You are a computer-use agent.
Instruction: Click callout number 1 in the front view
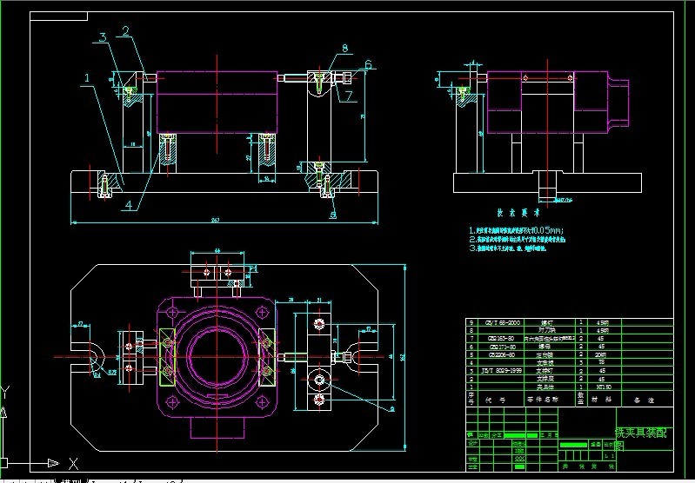(87, 78)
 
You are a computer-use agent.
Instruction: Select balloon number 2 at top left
(125, 31)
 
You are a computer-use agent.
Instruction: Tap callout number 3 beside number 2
(103, 36)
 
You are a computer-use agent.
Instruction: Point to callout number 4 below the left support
(128, 205)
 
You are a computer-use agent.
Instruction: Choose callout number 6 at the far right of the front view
(368, 63)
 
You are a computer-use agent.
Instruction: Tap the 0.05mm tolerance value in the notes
(546, 230)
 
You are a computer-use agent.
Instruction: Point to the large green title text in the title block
(641, 432)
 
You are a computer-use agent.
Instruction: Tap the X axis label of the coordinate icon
(74, 463)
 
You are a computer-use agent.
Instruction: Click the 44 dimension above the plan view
(216, 251)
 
